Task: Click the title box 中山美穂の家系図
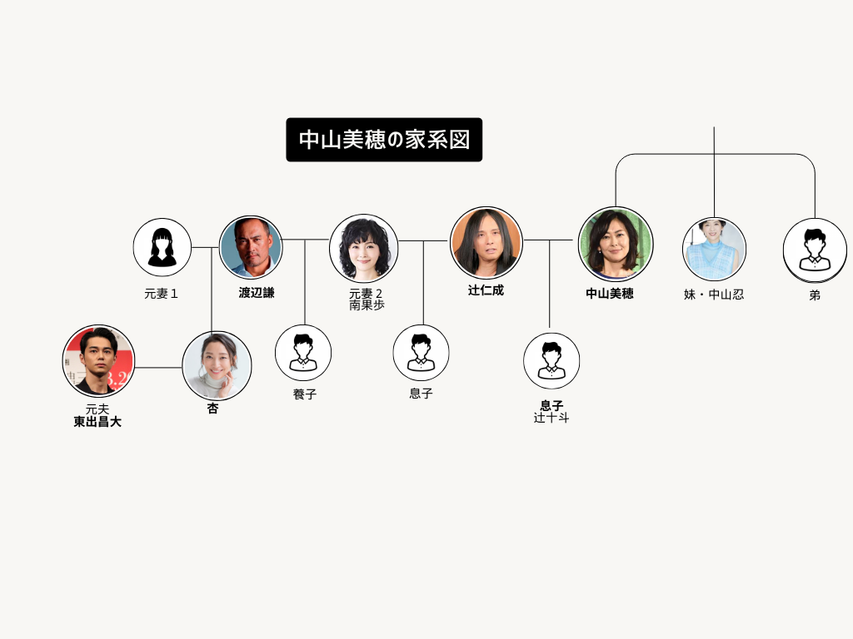click(384, 140)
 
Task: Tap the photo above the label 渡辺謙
click(251, 247)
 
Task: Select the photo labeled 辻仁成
click(486, 242)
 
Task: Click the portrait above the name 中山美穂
click(616, 245)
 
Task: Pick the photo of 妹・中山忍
click(714, 249)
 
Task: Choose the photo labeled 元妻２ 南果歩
click(363, 248)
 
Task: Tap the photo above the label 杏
click(217, 366)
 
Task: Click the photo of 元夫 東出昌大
click(98, 361)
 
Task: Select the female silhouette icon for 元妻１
click(162, 248)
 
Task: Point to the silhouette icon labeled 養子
click(303, 353)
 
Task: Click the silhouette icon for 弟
click(815, 250)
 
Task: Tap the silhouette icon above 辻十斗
click(551, 361)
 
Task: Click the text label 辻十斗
click(551, 418)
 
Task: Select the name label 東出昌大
click(97, 422)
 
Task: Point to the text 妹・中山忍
click(714, 295)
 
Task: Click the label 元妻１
click(161, 294)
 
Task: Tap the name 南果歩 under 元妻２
click(367, 305)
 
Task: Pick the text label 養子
click(305, 394)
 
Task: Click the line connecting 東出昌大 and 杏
click(158, 367)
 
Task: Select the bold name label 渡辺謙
click(257, 292)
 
